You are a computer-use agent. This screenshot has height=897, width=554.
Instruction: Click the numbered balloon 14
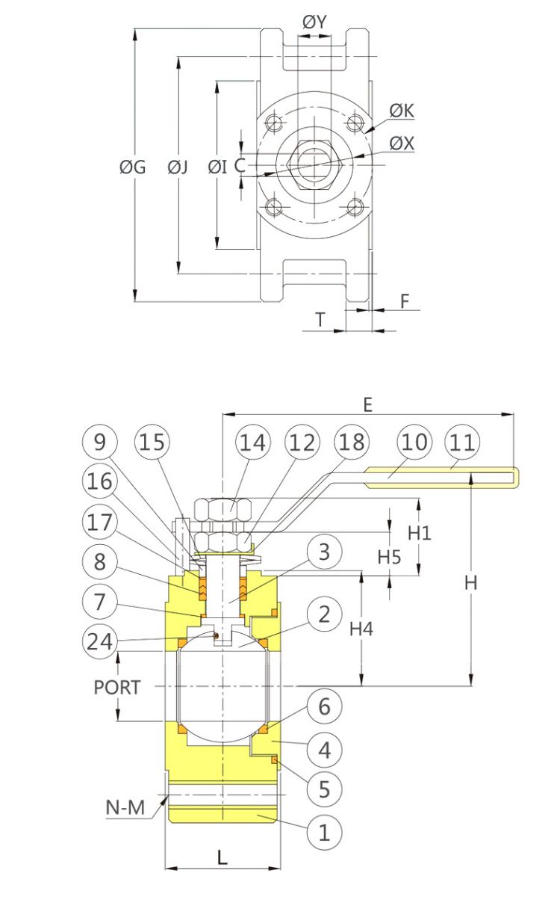click(x=252, y=442)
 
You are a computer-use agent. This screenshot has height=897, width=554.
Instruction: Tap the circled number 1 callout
click(x=324, y=831)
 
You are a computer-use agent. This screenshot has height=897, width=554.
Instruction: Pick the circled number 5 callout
click(x=324, y=789)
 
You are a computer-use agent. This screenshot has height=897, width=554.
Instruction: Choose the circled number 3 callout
click(x=324, y=552)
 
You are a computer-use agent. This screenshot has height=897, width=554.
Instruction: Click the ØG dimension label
click(x=132, y=167)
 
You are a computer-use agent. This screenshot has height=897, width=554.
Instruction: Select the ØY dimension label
click(x=314, y=22)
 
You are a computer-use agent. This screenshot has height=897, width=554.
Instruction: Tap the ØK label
click(x=402, y=111)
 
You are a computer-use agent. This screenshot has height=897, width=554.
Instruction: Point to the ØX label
click(x=402, y=142)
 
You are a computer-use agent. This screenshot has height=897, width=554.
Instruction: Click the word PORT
click(x=116, y=687)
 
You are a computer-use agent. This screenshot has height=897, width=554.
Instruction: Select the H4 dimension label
click(x=361, y=629)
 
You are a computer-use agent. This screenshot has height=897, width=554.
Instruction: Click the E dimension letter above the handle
click(x=367, y=404)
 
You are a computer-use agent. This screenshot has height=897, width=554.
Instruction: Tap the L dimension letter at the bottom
click(x=222, y=857)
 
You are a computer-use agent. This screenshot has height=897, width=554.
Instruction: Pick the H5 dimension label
click(x=389, y=556)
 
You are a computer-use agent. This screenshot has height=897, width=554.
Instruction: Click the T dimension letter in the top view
click(x=320, y=319)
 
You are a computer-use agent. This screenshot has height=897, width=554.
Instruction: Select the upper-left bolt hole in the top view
click(x=276, y=122)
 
